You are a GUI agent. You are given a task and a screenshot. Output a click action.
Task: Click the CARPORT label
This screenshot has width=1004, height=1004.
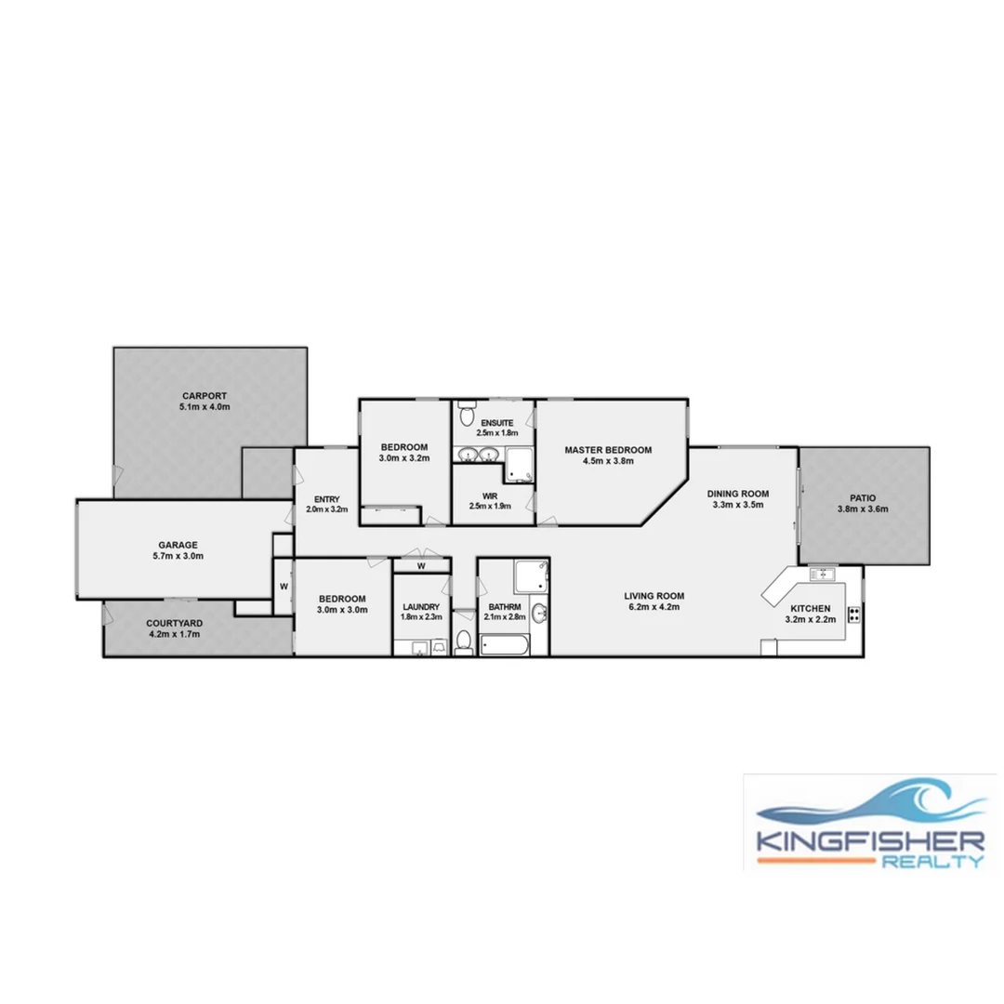pos(205,395)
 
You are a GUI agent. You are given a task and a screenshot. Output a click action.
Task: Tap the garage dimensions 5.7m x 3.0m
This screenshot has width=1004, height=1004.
pos(177,556)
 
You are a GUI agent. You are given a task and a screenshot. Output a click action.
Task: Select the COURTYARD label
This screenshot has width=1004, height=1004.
pos(175,623)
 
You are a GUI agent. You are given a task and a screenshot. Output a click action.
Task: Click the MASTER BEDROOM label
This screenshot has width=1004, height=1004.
pos(608,450)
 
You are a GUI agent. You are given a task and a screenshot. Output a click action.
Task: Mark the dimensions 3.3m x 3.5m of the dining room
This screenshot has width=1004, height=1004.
pos(735,506)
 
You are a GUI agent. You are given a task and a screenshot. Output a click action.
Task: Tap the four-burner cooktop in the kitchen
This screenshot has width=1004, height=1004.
pos(852,614)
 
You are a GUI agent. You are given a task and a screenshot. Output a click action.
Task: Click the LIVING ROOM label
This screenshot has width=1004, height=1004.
pos(654,596)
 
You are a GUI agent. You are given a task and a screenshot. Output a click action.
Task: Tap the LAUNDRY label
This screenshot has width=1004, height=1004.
pos(420,605)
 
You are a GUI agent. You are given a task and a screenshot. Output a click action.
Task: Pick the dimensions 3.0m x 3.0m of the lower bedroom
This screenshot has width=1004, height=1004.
pos(342,611)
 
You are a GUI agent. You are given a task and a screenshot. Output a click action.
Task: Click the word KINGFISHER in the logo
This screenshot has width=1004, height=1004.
pos(870,841)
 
